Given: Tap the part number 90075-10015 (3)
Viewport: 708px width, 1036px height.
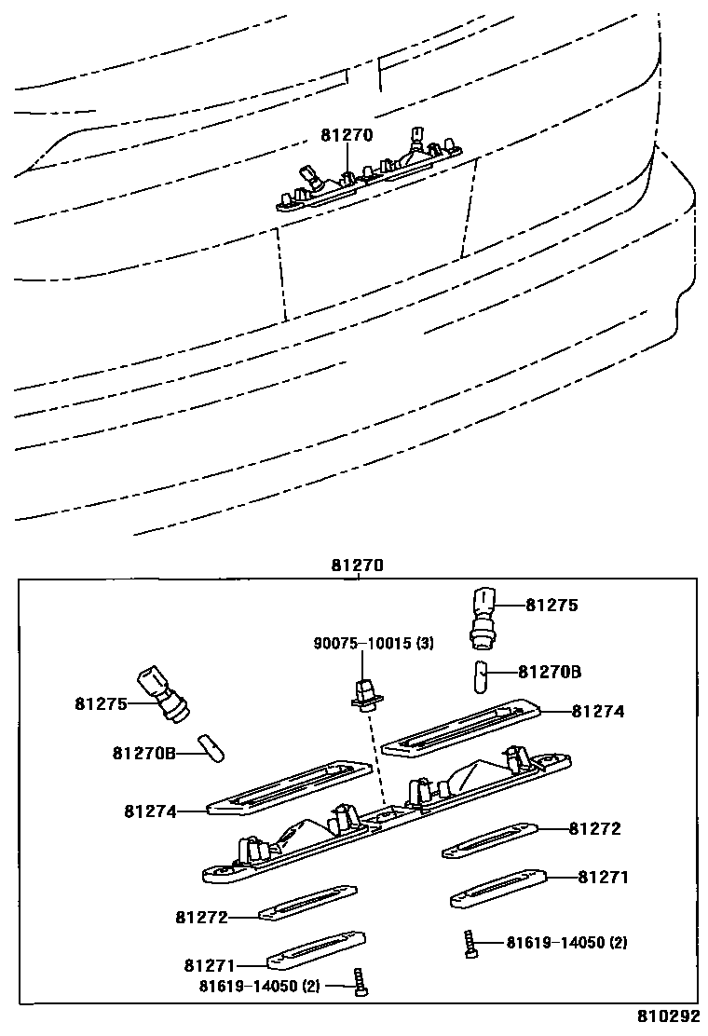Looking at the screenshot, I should tap(373, 644).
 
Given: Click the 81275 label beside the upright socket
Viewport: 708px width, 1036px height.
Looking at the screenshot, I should tap(551, 606).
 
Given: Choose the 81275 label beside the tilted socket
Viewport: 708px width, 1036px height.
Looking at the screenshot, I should tap(102, 704).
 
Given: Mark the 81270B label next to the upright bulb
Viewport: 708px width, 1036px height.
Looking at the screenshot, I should tap(550, 672).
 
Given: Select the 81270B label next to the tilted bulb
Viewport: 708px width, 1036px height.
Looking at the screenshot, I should tap(143, 752).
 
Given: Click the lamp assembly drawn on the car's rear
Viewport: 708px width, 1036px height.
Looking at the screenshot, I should tap(373, 168).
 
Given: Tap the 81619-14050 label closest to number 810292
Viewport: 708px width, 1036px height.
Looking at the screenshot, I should tap(566, 943).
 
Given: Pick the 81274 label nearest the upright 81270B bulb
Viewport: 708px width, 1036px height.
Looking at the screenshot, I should tap(597, 711).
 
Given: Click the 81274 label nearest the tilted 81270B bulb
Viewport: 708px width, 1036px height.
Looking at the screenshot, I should tap(150, 811).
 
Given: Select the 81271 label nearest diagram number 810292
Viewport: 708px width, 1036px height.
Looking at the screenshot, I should tap(603, 877).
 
